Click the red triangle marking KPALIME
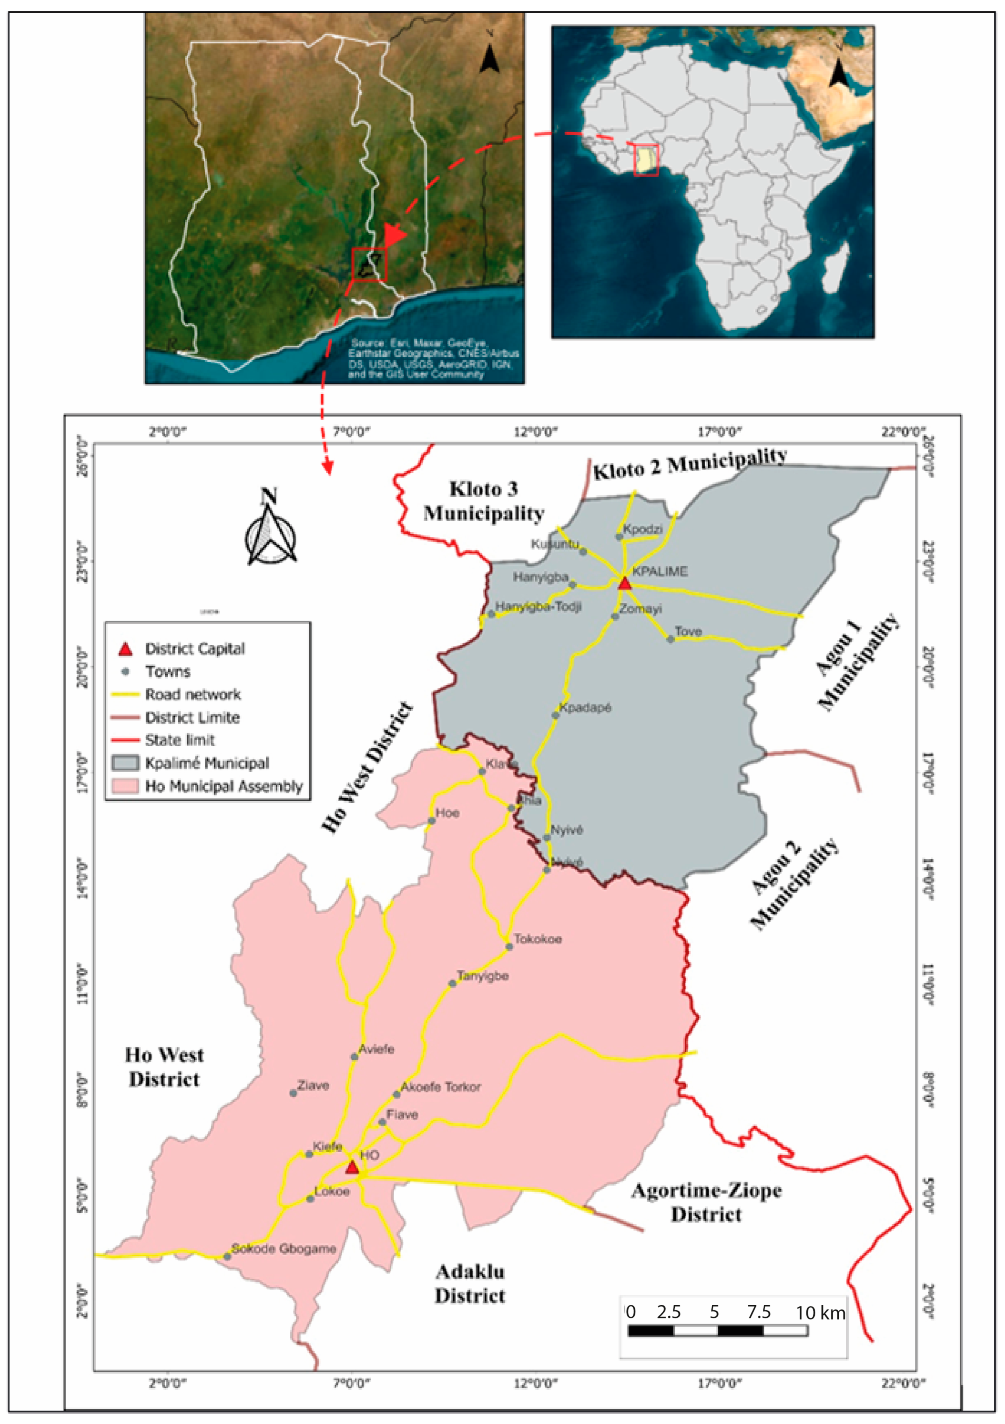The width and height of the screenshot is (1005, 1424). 624,583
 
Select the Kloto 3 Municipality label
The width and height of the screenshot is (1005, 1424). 484,501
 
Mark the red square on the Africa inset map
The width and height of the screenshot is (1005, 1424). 646,161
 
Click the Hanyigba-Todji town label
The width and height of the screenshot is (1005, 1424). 538,606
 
